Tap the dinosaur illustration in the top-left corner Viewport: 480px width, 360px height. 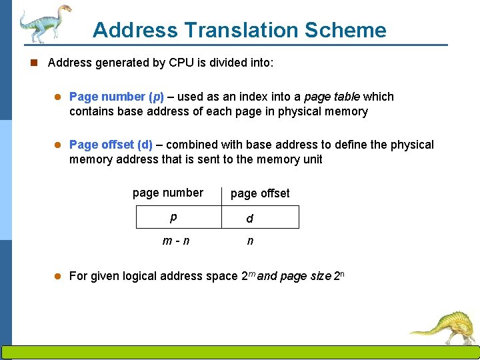[x=44, y=23]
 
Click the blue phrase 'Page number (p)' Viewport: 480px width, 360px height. [x=117, y=97]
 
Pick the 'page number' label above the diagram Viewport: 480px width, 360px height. [x=168, y=193]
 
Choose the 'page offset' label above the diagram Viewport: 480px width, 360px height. [x=260, y=193]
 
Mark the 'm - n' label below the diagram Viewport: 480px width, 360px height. [x=176, y=241]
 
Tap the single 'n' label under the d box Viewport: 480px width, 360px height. [x=250, y=241]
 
